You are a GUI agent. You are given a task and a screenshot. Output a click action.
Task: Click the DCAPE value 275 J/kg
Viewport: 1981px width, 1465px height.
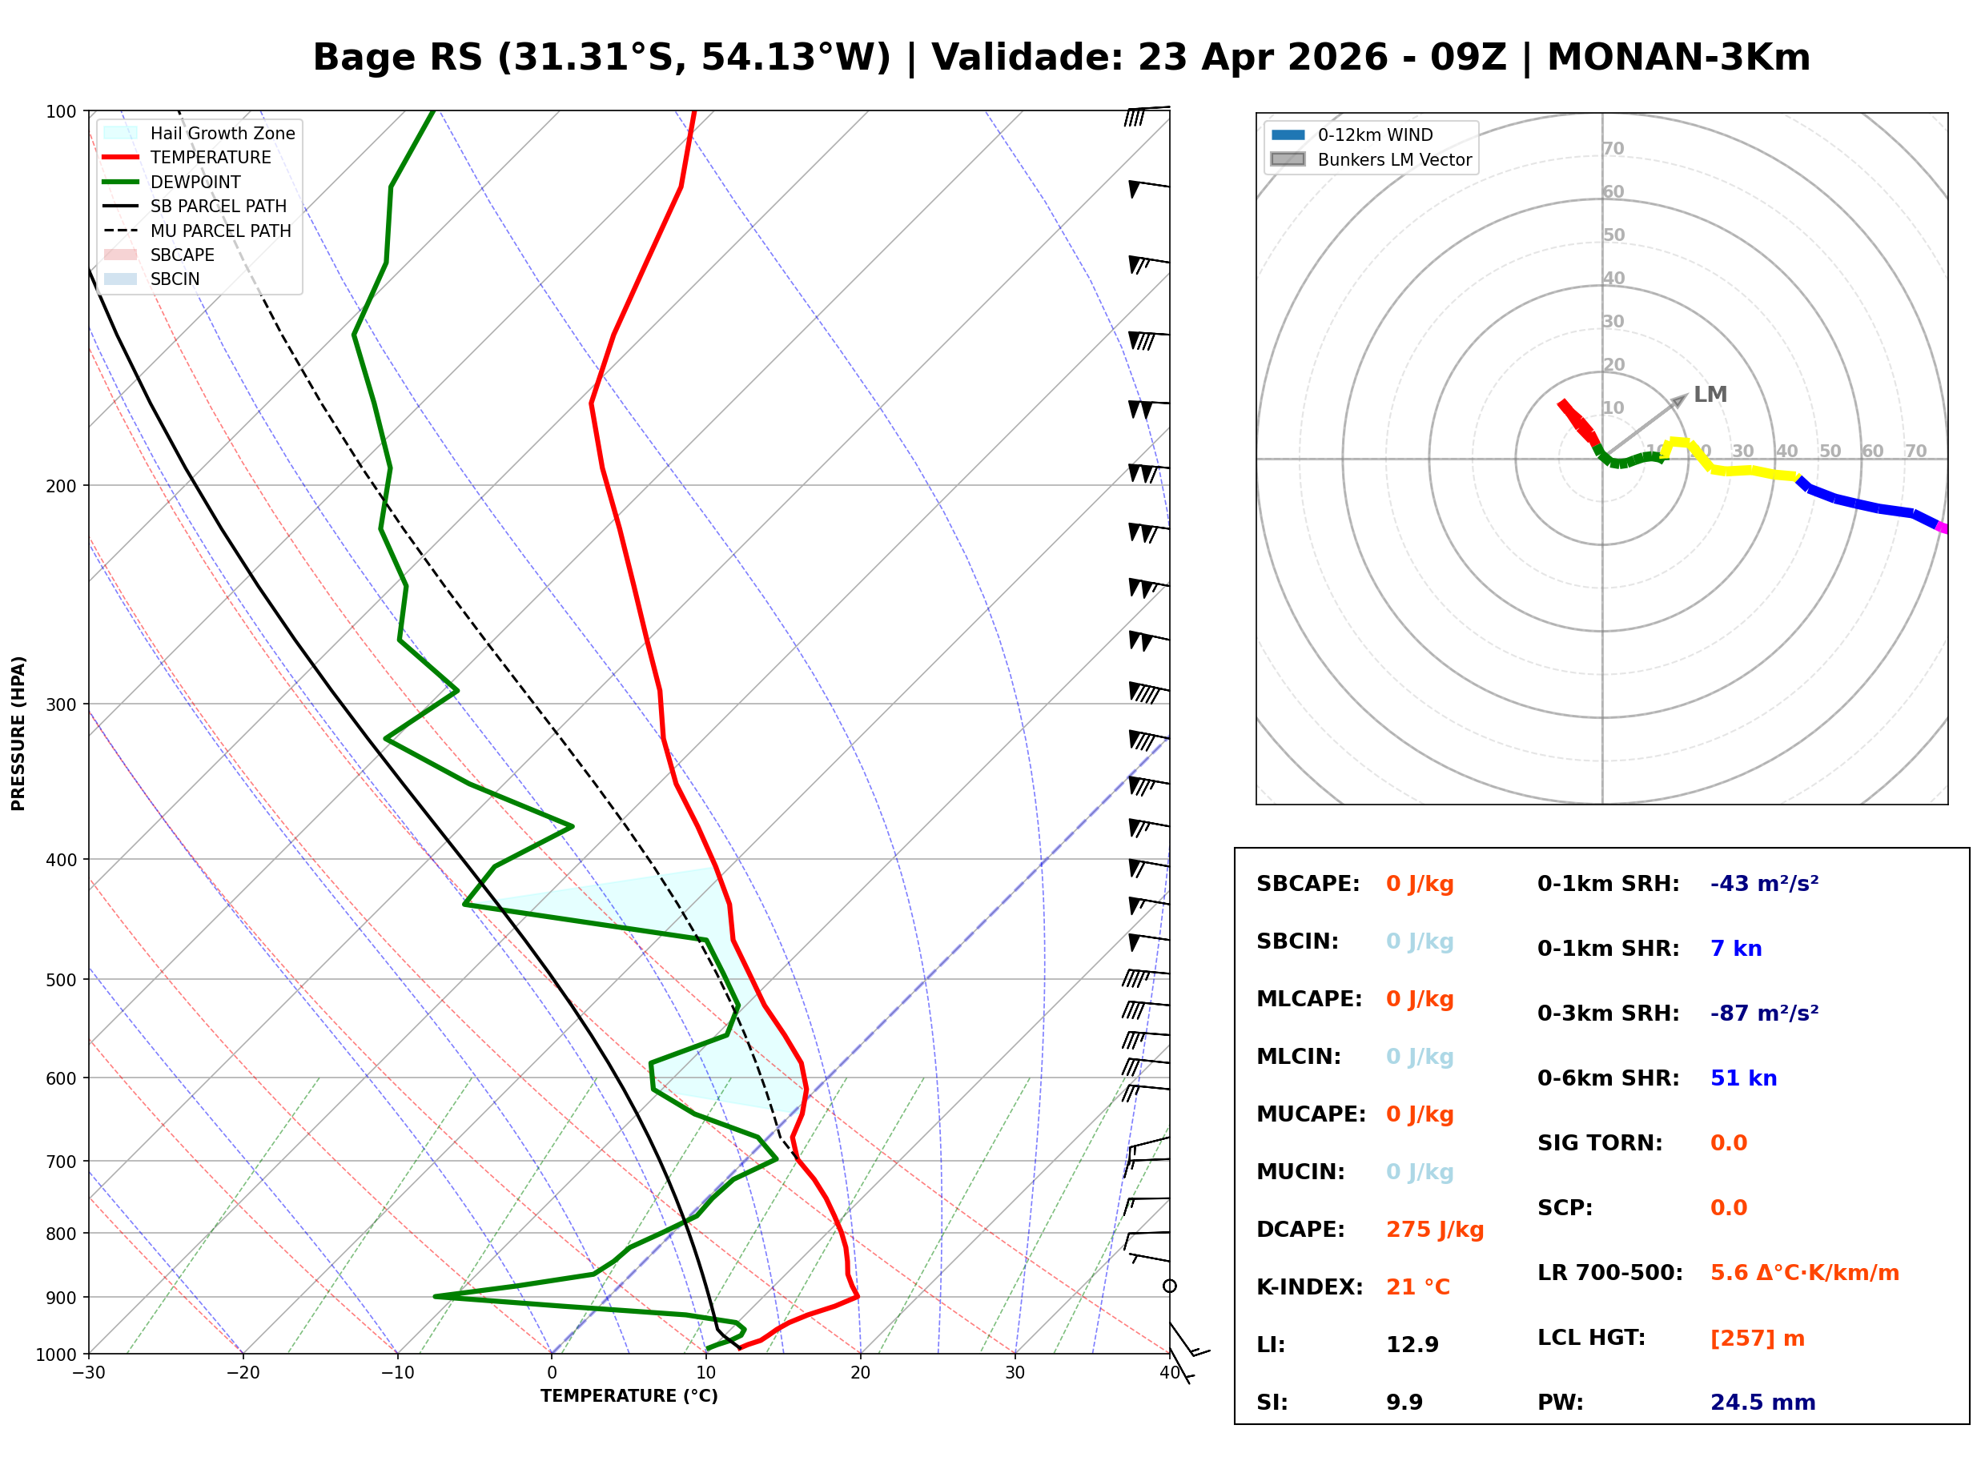pos(1434,1230)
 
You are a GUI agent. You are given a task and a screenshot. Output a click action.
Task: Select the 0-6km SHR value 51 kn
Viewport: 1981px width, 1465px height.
pos(1742,1078)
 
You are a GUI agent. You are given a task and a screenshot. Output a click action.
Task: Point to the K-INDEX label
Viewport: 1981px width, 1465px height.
pos(1309,1286)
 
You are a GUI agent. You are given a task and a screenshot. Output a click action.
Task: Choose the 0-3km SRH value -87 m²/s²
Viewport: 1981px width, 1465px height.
pos(1764,1013)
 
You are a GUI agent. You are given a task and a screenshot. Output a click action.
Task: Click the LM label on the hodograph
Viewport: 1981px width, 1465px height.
pos(1710,394)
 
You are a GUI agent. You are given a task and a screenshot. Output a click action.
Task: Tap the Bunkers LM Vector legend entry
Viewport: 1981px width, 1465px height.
pos(1393,159)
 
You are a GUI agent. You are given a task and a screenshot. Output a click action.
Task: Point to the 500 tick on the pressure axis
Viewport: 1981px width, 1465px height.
pos(61,980)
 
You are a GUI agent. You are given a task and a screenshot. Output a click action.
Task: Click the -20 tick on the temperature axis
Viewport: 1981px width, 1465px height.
pos(243,1373)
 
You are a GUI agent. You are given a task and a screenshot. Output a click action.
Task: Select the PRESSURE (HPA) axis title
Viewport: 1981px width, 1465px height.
pos(18,732)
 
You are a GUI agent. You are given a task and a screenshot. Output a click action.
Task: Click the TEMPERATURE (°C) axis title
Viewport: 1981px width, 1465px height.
pos(629,1396)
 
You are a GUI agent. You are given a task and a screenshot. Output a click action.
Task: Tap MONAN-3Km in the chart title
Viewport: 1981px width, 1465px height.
pos(1678,58)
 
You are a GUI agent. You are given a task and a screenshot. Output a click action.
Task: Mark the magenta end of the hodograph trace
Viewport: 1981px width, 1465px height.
pos(1940,528)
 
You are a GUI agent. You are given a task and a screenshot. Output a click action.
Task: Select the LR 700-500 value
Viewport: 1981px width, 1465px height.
pos(1804,1273)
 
